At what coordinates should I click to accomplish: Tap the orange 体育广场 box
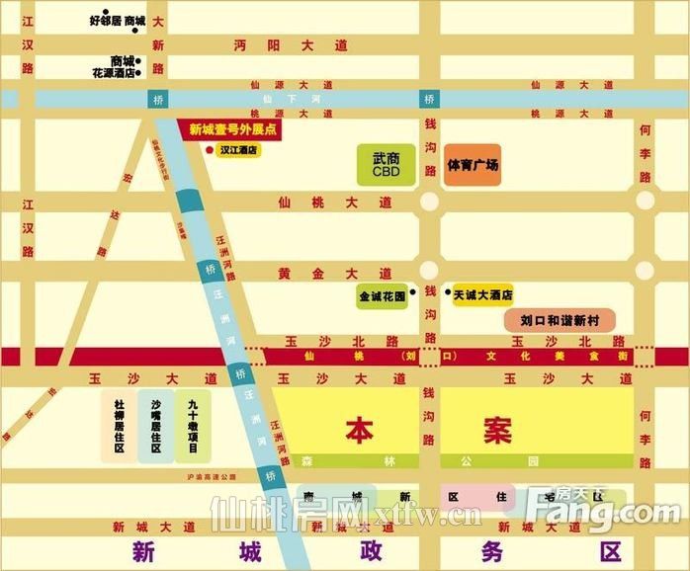[472, 165]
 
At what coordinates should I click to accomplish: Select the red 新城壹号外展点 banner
[232, 129]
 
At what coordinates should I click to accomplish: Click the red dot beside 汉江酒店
[208, 150]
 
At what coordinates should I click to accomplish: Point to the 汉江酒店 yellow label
[239, 151]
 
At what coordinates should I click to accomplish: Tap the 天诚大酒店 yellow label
[483, 294]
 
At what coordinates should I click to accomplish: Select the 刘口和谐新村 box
[560, 320]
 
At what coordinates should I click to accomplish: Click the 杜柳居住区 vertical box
[119, 426]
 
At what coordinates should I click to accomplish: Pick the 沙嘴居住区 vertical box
[156, 426]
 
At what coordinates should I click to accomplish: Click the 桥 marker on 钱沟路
[429, 100]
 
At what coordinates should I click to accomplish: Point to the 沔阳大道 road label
[291, 45]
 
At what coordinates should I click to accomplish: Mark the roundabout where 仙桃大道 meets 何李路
[646, 202]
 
